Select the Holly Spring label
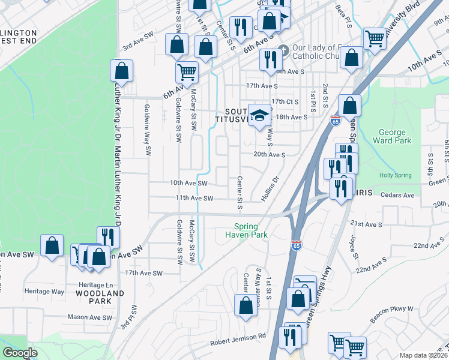pyautogui.click(x=396, y=175)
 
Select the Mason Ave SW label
pyautogui.click(x=89, y=317)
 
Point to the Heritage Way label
pyautogui.click(x=44, y=291)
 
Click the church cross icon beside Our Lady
pyautogui.click(x=283, y=50)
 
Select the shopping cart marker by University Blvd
pyautogui.click(x=375, y=38)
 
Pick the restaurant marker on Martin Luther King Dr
pyautogui.click(x=107, y=236)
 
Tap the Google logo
pyautogui.click(x=20, y=353)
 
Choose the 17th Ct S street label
pyautogui.click(x=285, y=101)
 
